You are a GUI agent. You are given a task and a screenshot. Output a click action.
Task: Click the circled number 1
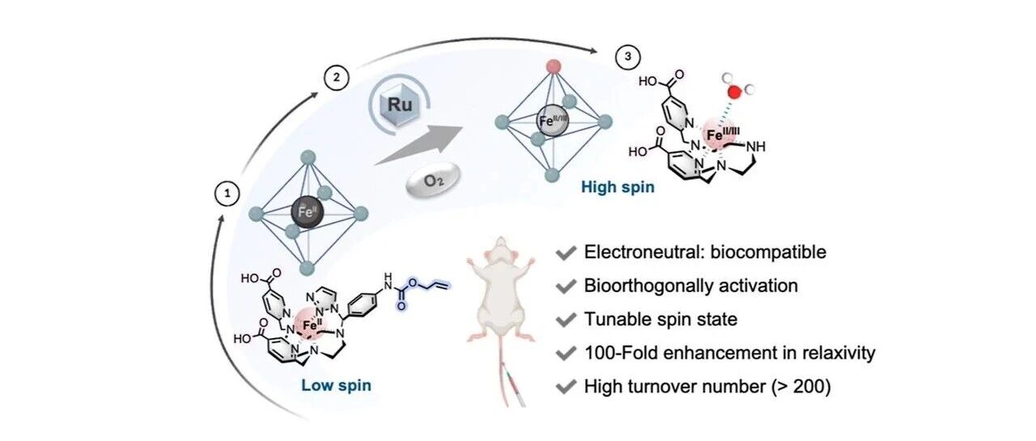[227, 194]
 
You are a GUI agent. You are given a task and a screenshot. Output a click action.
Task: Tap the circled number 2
[336, 77]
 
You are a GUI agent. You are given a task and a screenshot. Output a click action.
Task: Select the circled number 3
[627, 57]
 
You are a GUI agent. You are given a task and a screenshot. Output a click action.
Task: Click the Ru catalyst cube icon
[400, 105]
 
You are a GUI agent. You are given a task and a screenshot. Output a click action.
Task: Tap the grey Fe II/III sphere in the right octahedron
[553, 121]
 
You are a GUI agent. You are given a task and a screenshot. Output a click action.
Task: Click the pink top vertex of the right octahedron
[553, 66]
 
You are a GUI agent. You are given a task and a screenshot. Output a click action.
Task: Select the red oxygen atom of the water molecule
[734, 92]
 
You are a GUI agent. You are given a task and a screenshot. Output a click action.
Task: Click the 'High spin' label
[618, 187]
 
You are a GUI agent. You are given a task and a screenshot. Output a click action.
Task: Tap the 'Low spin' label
[336, 385]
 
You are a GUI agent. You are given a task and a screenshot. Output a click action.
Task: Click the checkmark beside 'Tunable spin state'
[566, 320]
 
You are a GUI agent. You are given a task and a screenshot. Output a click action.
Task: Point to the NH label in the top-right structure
[756, 147]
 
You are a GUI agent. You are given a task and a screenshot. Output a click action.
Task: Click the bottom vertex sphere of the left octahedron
[307, 268]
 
